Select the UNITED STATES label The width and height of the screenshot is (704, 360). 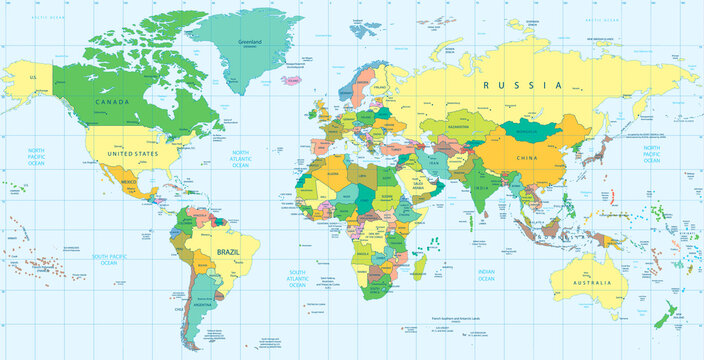tap(134, 155)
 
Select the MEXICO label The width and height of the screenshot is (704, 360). tap(128, 185)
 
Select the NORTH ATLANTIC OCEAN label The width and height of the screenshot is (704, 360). tap(241, 158)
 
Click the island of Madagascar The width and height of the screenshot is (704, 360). tap(420, 265)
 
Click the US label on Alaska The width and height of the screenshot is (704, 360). tap(33, 77)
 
